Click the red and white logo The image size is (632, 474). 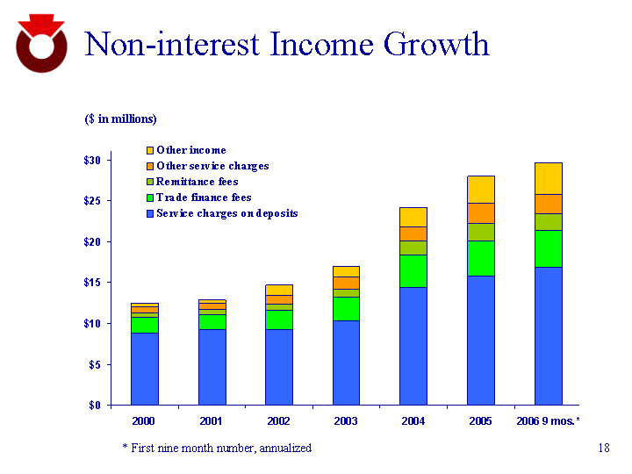click(41, 44)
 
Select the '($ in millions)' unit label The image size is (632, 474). click(120, 118)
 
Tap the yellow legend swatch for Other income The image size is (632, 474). click(149, 151)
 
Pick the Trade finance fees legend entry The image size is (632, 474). click(204, 197)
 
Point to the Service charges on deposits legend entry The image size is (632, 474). click(226, 213)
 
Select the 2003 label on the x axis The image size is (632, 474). click(346, 421)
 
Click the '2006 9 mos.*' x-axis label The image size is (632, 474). click(548, 421)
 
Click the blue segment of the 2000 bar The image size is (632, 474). click(145, 369)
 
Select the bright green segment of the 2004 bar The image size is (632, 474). click(413, 271)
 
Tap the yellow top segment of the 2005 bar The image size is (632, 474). click(481, 189)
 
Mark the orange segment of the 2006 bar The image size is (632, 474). click(549, 204)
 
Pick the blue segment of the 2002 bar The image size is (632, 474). click(279, 367)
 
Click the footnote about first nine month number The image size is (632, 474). click(216, 448)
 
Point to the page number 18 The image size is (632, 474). click(603, 448)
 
